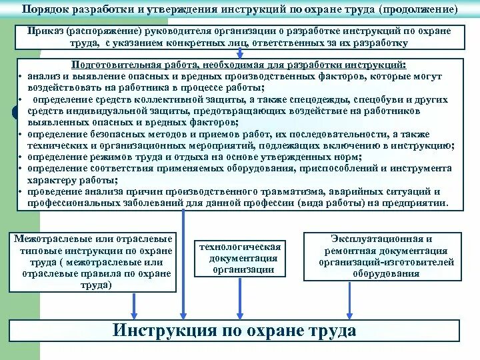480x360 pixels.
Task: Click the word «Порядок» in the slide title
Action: point(45,11)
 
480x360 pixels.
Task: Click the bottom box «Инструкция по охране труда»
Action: point(235,331)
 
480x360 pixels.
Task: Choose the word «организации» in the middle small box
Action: point(240,269)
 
